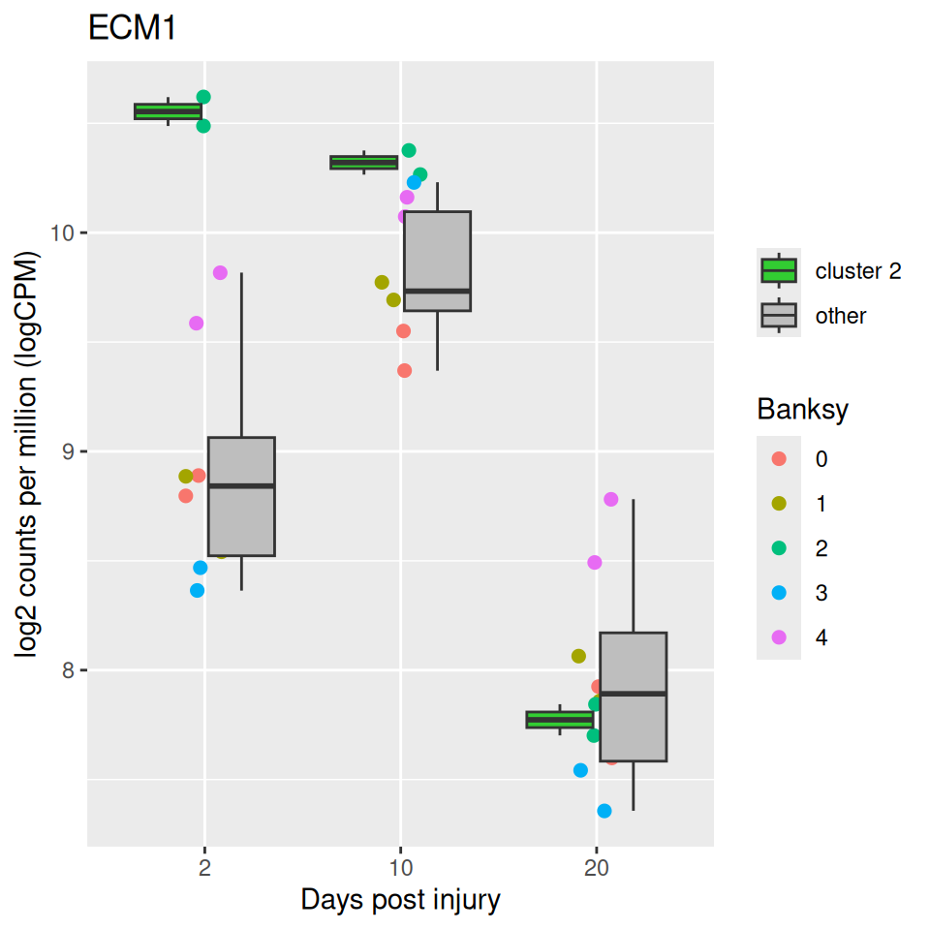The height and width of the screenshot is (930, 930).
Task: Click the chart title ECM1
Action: pyautogui.click(x=132, y=29)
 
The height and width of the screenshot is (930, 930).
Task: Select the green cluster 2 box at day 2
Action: pyautogui.click(x=169, y=111)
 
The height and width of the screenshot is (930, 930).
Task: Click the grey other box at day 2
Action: pyautogui.click(x=241, y=496)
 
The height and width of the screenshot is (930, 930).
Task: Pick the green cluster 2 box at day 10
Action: pyautogui.click(x=364, y=162)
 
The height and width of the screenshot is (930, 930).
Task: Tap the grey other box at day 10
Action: pyautogui.click(x=437, y=261)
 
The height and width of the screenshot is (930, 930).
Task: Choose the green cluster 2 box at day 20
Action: pyautogui.click(x=560, y=719)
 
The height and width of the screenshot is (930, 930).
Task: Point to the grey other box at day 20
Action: pyautogui.click(x=633, y=697)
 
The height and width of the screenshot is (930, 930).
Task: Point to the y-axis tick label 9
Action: pyautogui.click(x=70, y=452)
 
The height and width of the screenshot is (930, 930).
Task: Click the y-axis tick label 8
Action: pyautogui.click(x=70, y=671)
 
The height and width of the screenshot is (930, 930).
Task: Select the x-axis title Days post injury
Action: pyautogui.click(x=400, y=900)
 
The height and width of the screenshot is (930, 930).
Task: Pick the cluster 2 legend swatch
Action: pyautogui.click(x=779, y=270)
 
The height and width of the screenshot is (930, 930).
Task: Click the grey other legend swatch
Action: pyautogui.click(x=779, y=315)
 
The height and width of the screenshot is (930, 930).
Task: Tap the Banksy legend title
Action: pyautogui.click(x=803, y=410)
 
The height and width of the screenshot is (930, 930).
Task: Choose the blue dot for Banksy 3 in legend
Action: pyautogui.click(x=779, y=593)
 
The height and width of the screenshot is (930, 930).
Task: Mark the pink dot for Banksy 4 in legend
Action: pyautogui.click(x=779, y=637)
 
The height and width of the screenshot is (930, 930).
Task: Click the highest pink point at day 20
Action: pyautogui.click(x=610, y=499)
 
